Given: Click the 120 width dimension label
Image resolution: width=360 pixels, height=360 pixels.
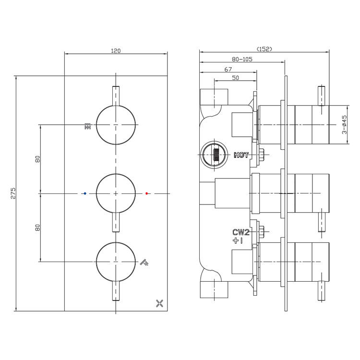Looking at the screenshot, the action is click(x=116, y=51).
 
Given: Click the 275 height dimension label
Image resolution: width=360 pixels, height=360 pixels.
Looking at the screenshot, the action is click(x=13, y=193).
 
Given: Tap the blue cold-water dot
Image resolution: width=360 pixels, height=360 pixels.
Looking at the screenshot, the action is click(x=85, y=193).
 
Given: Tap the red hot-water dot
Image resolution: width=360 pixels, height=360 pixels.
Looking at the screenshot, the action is click(x=147, y=193).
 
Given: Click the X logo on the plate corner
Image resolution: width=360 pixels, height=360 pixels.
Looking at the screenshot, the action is click(x=159, y=303).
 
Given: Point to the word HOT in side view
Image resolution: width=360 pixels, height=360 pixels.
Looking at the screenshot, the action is click(x=241, y=155).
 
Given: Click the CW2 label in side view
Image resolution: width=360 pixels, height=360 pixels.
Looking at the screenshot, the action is click(x=241, y=232).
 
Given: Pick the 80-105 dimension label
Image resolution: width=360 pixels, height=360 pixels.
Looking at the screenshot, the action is click(x=242, y=59).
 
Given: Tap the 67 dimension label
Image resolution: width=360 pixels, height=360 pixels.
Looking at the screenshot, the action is click(x=228, y=69).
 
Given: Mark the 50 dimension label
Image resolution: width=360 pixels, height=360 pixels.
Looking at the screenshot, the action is click(x=235, y=78).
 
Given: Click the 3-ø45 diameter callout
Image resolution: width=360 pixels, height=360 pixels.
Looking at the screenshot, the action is click(x=344, y=125).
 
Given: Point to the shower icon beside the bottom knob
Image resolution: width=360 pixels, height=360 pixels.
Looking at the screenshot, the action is click(x=144, y=262).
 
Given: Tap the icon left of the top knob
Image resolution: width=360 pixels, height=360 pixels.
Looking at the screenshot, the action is click(x=87, y=126).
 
